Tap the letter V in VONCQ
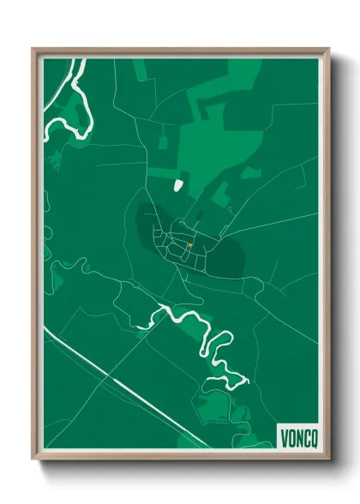tap(283, 437)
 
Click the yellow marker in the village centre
tap(189, 245)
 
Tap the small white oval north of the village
tap(178, 184)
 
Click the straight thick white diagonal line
tap(129, 387)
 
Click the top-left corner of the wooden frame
tap(33, 49)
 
